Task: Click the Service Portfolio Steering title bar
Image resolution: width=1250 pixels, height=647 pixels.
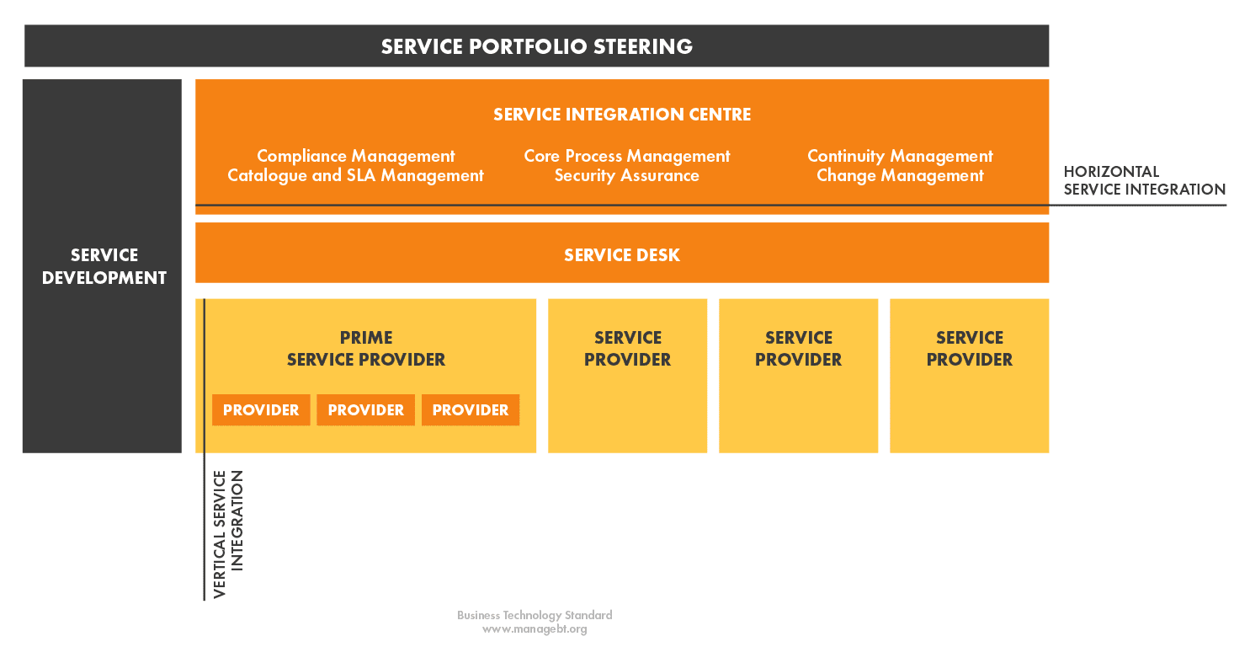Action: pyautogui.click(x=536, y=45)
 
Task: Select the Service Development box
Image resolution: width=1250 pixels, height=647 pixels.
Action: pyautogui.click(x=102, y=266)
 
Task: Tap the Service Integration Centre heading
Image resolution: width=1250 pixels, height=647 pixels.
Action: pyautogui.click(x=622, y=115)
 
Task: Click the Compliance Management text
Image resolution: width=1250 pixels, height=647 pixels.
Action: pyautogui.click(x=355, y=156)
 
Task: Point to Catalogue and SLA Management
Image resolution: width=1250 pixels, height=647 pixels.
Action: pyautogui.click(x=355, y=175)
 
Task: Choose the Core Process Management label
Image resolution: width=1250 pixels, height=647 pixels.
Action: pyautogui.click(x=626, y=156)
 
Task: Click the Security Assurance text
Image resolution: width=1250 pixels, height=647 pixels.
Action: pyautogui.click(x=626, y=175)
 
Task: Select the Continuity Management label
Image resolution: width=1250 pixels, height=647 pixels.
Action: pyautogui.click(x=900, y=156)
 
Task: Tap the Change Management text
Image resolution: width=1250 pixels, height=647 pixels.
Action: pyautogui.click(x=900, y=175)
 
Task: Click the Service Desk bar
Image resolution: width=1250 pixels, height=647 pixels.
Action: pyautogui.click(x=622, y=253)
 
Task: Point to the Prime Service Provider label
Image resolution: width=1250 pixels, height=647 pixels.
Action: pyautogui.click(x=366, y=349)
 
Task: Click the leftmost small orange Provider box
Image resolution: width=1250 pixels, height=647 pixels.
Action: pyautogui.click(x=261, y=410)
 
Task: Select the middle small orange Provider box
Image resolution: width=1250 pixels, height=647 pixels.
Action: pyautogui.click(x=365, y=410)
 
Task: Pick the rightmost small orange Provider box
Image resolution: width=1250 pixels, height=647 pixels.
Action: pyautogui.click(x=471, y=410)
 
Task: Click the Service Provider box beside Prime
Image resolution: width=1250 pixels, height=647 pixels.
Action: pyautogui.click(x=627, y=376)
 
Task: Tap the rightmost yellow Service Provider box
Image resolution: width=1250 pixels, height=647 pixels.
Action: pyautogui.click(x=970, y=376)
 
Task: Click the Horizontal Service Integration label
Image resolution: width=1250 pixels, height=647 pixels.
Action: pyautogui.click(x=1144, y=180)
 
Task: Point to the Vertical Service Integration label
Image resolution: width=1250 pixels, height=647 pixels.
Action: pyautogui.click(x=228, y=534)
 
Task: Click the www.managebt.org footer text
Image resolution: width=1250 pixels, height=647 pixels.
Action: pyautogui.click(x=535, y=629)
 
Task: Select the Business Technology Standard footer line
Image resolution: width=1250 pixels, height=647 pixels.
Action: pyautogui.click(x=535, y=615)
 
